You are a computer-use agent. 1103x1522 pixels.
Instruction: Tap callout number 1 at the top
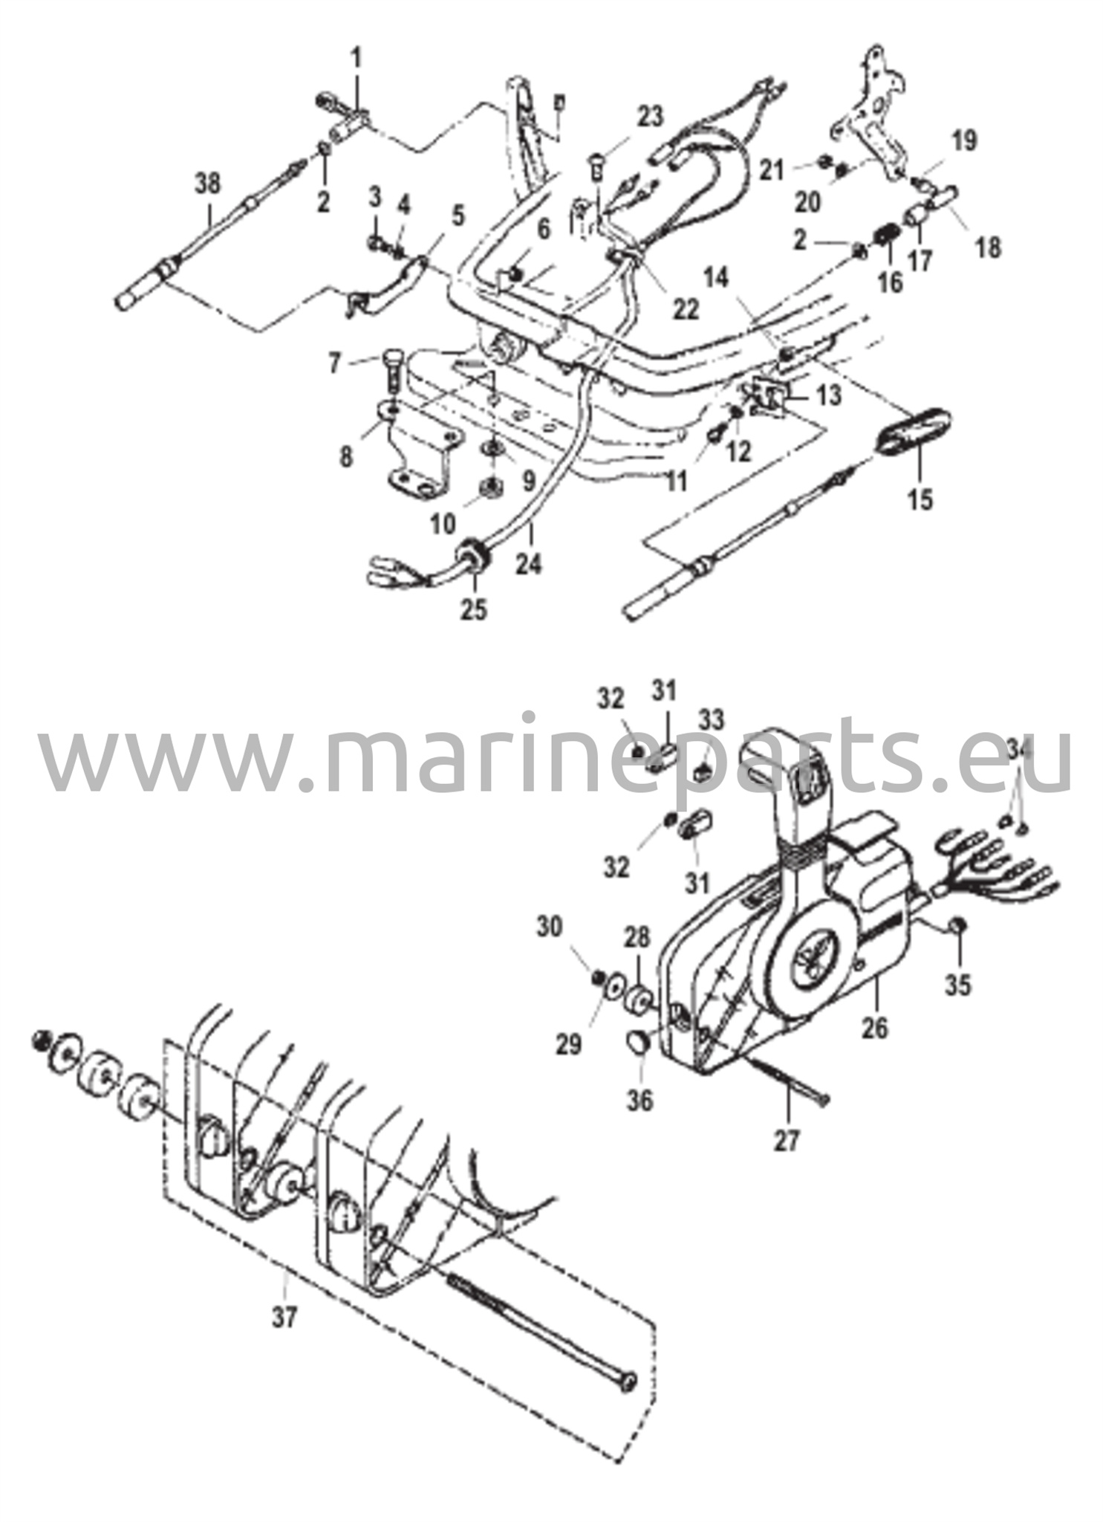(357, 57)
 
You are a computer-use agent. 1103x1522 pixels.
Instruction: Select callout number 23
(650, 117)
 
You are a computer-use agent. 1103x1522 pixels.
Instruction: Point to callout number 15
(920, 499)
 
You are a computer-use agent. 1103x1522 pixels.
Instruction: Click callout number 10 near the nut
(443, 525)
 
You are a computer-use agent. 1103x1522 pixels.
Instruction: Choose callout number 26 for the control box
(876, 1029)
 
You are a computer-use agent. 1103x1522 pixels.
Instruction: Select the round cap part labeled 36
(639, 1046)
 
